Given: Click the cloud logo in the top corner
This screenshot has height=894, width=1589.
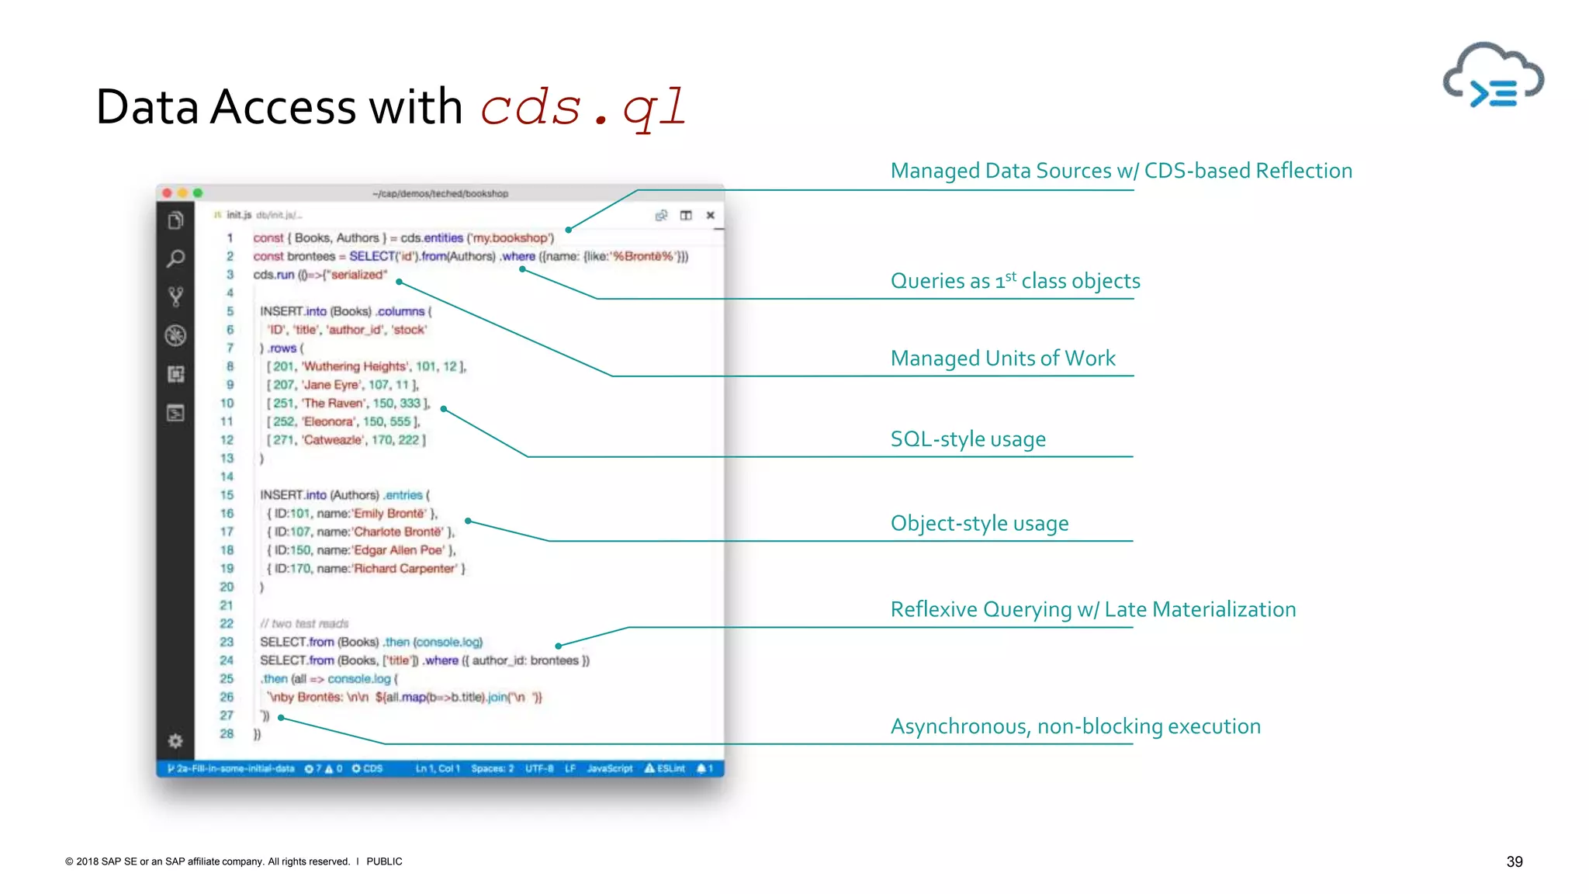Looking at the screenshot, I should (x=1493, y=77).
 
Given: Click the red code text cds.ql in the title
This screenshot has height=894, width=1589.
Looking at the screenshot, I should (x=583, y=107).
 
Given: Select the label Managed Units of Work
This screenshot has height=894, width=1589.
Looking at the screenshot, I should (x=1002, y=359).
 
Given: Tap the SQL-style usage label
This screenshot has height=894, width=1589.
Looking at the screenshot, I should (x=968, y=439).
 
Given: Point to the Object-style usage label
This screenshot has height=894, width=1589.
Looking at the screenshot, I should (x=979, y=524).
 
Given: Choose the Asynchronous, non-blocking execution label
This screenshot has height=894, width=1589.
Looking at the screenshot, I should (x=1075, y=726).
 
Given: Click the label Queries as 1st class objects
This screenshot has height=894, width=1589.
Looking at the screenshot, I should (x=1015, y=281).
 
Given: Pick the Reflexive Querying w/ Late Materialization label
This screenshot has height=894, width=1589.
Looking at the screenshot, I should (x=1092, y=610).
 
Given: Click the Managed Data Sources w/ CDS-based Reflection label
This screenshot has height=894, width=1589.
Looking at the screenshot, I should (x=1120, y=171).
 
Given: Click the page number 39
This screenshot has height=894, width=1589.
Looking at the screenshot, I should (x=1514, y=861).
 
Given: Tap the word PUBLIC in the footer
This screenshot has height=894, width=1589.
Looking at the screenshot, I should (x=384, y=861).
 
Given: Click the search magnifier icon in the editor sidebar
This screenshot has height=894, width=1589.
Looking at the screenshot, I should (x=176, y=258).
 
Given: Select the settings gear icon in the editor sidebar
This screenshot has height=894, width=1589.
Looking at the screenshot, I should (x=175, y=741).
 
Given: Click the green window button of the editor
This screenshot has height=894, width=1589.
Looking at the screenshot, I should (x=198, y=193).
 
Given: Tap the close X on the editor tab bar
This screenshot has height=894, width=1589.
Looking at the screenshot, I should (x=710, y=216).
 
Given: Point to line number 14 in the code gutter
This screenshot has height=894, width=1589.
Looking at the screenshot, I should (x=227, y=476).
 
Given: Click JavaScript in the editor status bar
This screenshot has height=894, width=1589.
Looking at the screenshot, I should (x=610, y=768).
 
